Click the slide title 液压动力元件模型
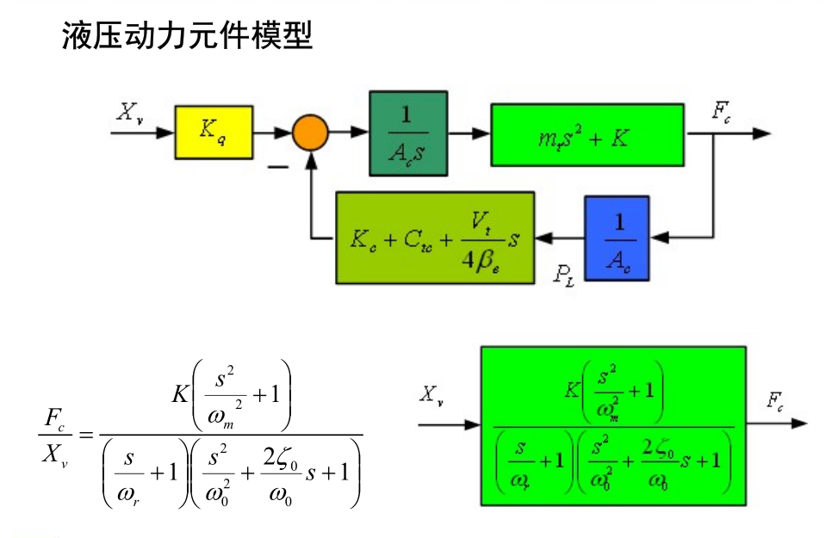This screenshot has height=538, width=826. (x=186, y=37)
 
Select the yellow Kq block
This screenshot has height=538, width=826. (x=214, y=132)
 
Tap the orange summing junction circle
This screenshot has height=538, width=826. (x=309, y=133)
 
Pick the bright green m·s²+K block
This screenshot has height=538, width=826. (x=587, y=134)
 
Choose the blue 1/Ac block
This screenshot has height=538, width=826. (x=616, y=237)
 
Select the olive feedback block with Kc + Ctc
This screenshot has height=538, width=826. (x=434, y=238)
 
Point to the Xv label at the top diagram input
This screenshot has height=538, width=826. (x=130, y=112)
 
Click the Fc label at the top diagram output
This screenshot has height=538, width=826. (x=723, y=111)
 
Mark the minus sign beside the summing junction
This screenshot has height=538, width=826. (x=277, y=166)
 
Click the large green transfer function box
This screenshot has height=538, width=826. (x=612, y=424)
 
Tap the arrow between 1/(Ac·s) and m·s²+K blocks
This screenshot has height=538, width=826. (x=469, y=133)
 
